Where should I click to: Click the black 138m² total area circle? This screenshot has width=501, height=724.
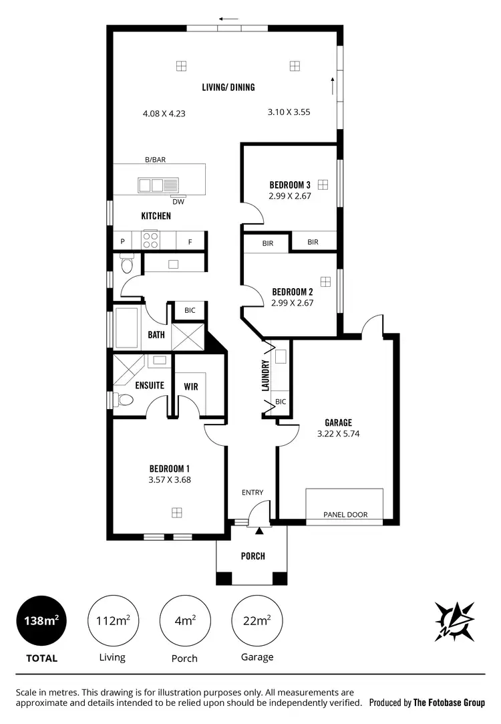[41, 620]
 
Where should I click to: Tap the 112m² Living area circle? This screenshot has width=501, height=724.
[112, 620]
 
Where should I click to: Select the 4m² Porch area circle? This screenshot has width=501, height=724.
[184, 620]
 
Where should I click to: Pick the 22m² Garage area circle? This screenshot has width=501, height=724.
[257, 620]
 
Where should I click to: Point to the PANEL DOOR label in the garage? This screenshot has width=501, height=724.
[345, 515]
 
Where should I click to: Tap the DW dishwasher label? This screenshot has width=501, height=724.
[178, 202]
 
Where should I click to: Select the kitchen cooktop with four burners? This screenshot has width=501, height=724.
[150, 239]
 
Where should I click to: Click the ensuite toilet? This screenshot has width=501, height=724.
[124, 400]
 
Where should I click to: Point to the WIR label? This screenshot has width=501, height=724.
[190, 386]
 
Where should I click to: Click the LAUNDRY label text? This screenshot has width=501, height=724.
[265, 376]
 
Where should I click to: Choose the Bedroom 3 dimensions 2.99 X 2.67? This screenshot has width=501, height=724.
[291, 196]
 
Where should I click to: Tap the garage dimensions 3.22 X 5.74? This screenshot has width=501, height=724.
[338, 433]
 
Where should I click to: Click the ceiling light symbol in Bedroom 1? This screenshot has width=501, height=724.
[176, 513]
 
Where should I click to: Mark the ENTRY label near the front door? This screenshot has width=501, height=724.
[253, 493]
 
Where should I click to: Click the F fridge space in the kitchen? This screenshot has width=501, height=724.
[190, 241]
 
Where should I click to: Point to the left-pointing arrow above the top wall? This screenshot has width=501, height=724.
[228, 19]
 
